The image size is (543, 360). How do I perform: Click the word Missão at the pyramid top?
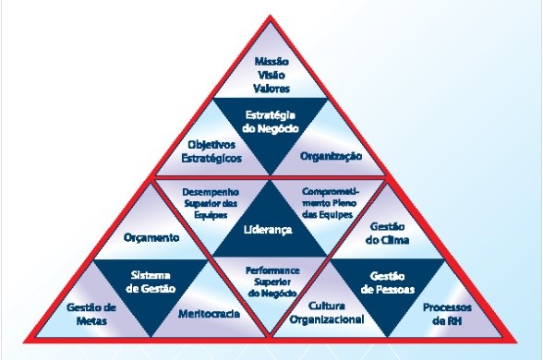271,61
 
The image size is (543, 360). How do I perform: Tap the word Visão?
271,75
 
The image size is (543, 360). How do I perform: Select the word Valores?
271,89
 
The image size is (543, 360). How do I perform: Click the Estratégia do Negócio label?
271,122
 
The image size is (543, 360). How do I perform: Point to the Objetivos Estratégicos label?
214,151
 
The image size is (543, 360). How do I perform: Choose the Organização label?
329,157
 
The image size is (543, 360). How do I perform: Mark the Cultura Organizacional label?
330,313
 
